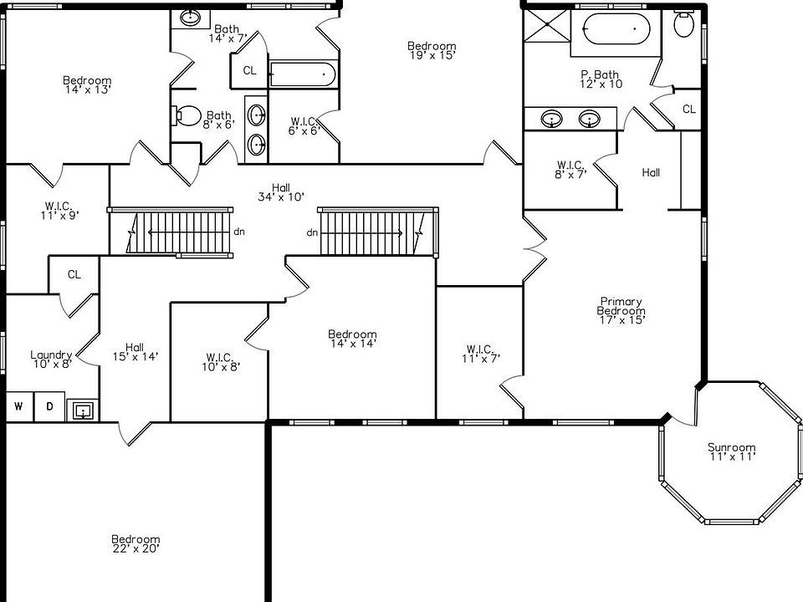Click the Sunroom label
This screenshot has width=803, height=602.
click(731, 451)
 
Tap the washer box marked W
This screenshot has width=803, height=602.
click(18, 407)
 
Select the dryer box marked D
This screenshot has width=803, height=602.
click(49, 407)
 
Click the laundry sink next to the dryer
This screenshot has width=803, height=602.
click(82, 410)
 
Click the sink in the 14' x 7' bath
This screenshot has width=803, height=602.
click(190, 17)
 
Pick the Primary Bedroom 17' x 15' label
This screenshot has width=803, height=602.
click(620, 309)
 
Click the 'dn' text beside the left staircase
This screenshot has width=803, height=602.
click(239, 232)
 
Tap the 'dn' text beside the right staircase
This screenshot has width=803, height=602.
click(311, 232)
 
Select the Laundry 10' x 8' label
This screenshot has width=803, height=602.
click(51, 359)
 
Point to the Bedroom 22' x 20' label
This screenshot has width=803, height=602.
click(136, 543)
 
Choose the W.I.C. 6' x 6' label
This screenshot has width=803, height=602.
click(304, 125)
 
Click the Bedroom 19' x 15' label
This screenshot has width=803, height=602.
click(432, 50)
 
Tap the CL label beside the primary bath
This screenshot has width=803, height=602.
click(688, 109)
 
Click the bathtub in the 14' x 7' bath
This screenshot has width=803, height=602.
click(302, 74)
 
